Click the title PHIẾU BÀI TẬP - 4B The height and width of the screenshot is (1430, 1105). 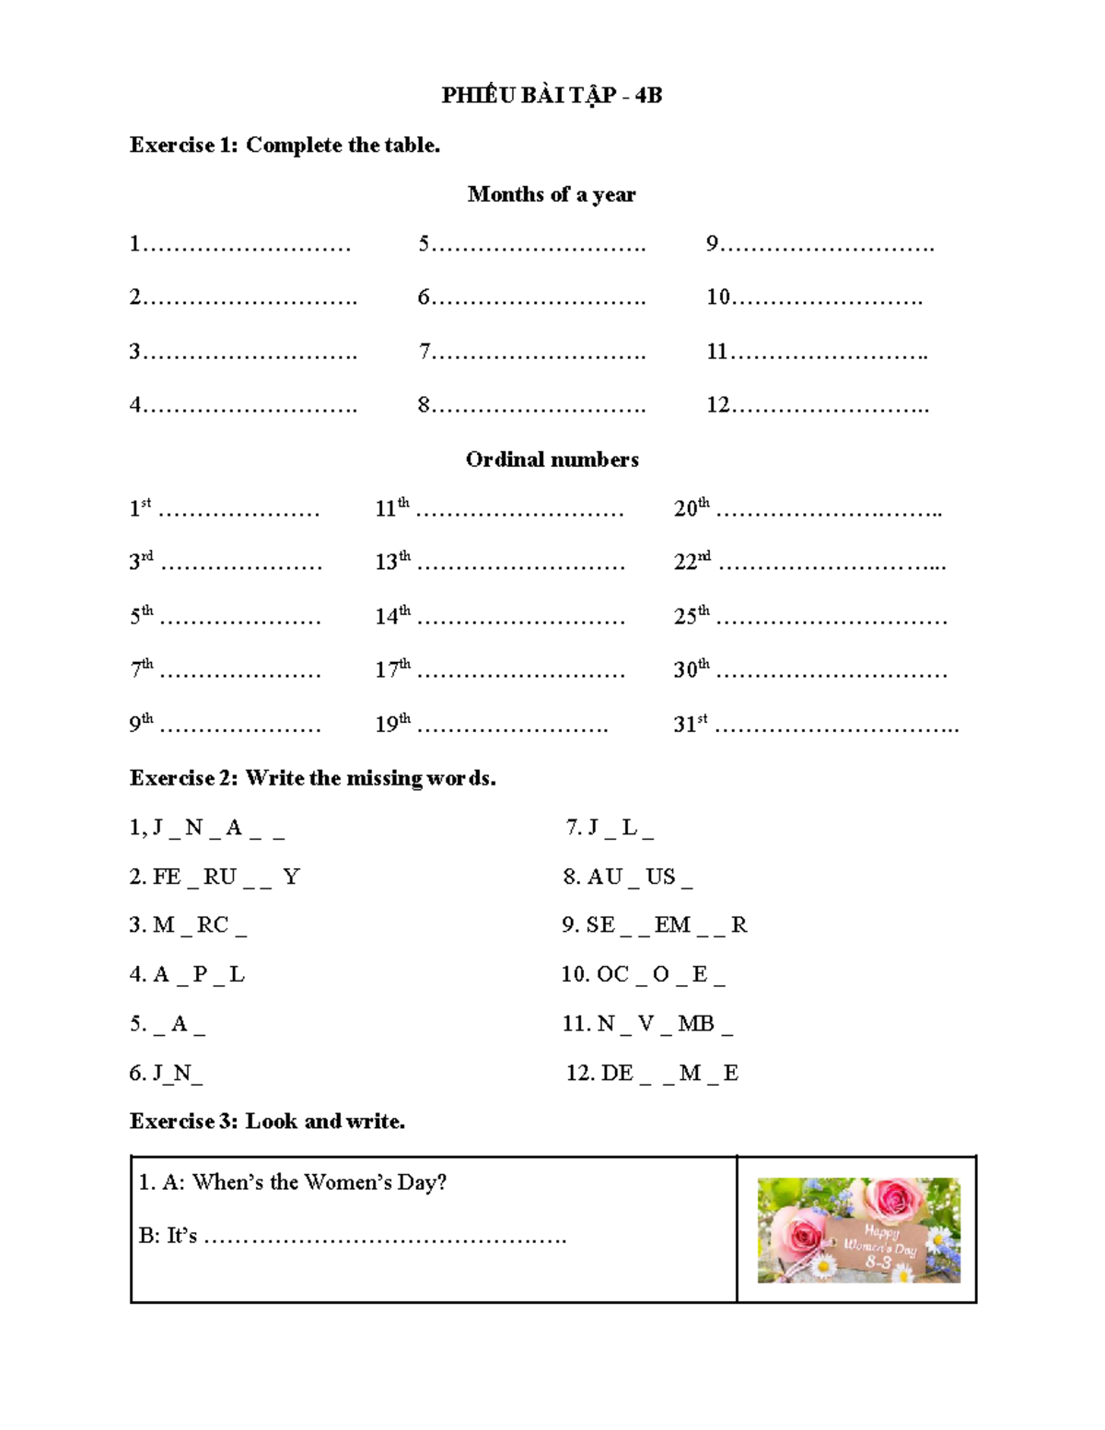point(552,95)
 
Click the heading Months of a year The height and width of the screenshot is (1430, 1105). point(552,194)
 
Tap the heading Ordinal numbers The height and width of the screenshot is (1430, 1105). point(552,459)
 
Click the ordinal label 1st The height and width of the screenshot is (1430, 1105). point(140,507)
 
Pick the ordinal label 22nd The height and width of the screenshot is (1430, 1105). point(692,561)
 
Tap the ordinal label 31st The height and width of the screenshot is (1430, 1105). point(691,724)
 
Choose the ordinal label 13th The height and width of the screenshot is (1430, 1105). point(392,561)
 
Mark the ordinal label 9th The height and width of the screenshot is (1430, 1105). point(141,723)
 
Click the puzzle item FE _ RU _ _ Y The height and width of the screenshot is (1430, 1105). point(215,877)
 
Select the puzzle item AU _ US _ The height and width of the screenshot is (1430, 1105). point(628,877)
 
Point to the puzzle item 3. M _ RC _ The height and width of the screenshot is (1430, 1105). point(188,925)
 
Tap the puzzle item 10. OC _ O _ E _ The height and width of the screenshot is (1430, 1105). point(644,974)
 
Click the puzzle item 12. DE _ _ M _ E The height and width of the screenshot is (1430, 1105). point(652,1073)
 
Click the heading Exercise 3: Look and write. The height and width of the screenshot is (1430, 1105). point(267,1122)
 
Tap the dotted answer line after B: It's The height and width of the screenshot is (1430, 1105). point(385,1238)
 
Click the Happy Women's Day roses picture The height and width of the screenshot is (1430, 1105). point(858,1230)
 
